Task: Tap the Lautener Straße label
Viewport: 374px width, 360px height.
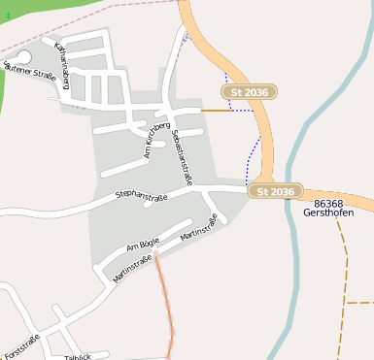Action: point(31,71)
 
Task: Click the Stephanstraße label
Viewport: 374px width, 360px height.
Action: point(142,196)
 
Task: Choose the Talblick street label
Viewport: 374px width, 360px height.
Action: point(77,356)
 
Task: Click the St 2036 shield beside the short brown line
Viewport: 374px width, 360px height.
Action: point(250,92)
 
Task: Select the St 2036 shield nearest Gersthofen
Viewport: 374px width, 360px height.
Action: point(276,192)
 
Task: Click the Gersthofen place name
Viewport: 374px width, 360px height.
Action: point(327,213)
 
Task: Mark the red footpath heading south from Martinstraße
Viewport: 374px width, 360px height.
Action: point(168,301)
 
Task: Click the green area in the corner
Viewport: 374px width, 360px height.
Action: point(39,15)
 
